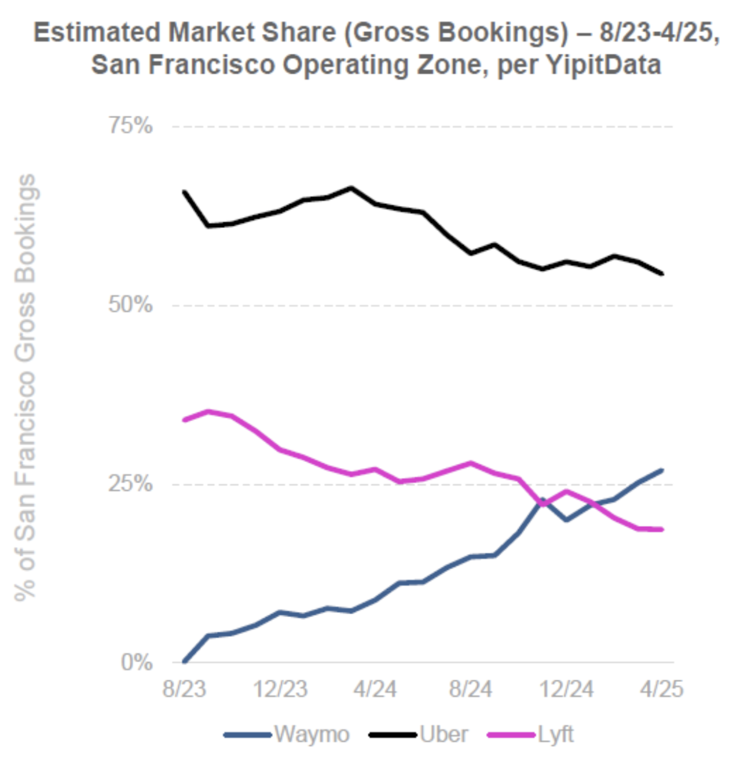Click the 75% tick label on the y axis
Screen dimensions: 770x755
(x=131, y=126)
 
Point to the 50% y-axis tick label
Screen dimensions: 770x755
(x=131, y=305)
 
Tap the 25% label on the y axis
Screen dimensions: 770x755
(x=131, y=483)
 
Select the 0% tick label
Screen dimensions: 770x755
(x=137, y=662)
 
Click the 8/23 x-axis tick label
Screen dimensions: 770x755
(x=184, y=690)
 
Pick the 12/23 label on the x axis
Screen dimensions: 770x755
(x=281, y=690)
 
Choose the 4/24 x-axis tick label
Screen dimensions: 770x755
(x=375, y=690)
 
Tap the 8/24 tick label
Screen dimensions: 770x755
(x=471, y=690)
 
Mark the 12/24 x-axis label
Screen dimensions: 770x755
(x=567, y=690)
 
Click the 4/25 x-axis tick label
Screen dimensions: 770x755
(x=662, y=690)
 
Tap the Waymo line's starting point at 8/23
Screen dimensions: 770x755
(x=184, y=661)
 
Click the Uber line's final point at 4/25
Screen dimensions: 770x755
(x=662, y=274)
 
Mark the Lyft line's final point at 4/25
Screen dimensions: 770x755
(x=662, y=529)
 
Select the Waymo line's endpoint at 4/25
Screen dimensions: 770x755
(x=662, y=470)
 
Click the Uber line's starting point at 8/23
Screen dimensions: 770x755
(x=184, y=192)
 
